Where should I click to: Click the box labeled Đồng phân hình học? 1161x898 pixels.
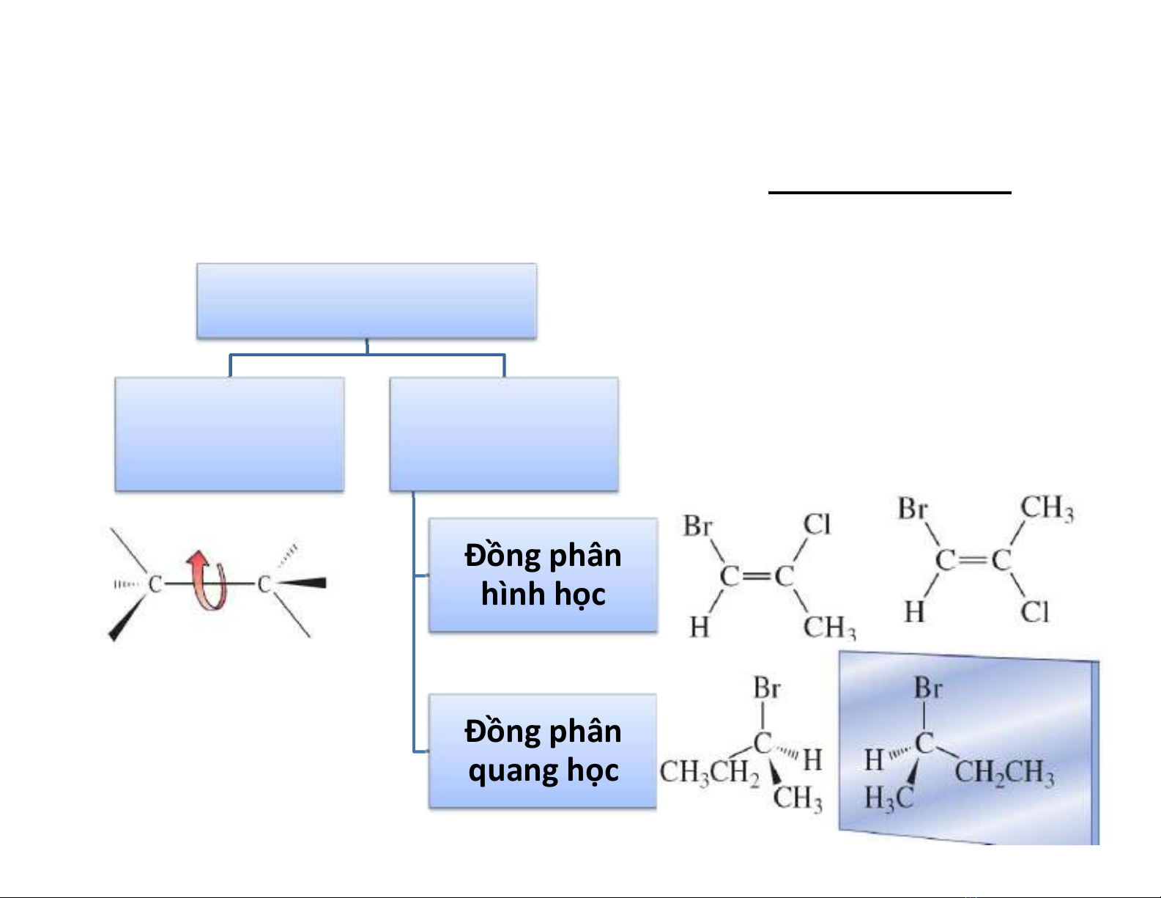(543, 575)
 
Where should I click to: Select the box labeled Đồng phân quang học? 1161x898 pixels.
(543, 751)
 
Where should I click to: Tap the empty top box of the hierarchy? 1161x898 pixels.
(366, 301)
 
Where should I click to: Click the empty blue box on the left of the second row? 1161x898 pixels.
(229, 434)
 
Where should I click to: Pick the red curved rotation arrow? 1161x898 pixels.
(207, 582)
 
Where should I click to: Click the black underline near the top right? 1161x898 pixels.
(889, 193)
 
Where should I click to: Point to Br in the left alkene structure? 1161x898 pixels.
(697, 526)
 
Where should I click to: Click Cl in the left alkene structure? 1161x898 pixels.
(817, 524)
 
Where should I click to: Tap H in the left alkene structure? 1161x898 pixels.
(699, 628)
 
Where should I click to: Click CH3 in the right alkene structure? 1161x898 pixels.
(1047, 507)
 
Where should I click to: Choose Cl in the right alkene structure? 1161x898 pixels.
(1035, 611)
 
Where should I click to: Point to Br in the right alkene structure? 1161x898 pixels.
(913, 508)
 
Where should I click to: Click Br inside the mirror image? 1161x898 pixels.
(928, 688)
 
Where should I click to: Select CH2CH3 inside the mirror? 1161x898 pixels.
(1004, 773)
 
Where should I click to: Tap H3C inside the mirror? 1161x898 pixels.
(889, 798)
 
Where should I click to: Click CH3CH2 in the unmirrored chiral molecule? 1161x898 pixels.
(709, 772)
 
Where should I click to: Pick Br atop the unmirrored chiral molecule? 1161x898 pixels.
(767, 688)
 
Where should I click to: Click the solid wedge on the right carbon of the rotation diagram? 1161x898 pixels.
(302, 584)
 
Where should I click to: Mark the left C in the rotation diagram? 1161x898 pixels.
(155, 584)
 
